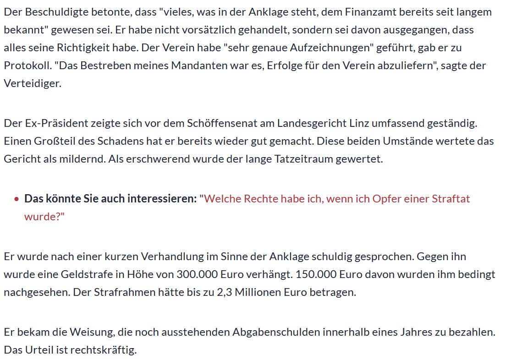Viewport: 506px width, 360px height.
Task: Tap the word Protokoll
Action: click(27, 65)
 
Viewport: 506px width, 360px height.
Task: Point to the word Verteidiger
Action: click(32, 83)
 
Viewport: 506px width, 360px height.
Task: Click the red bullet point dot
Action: click(16, 199)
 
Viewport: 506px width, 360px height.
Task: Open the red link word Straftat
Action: click(451, 199)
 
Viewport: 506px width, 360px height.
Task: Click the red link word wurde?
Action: click(44, 216)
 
